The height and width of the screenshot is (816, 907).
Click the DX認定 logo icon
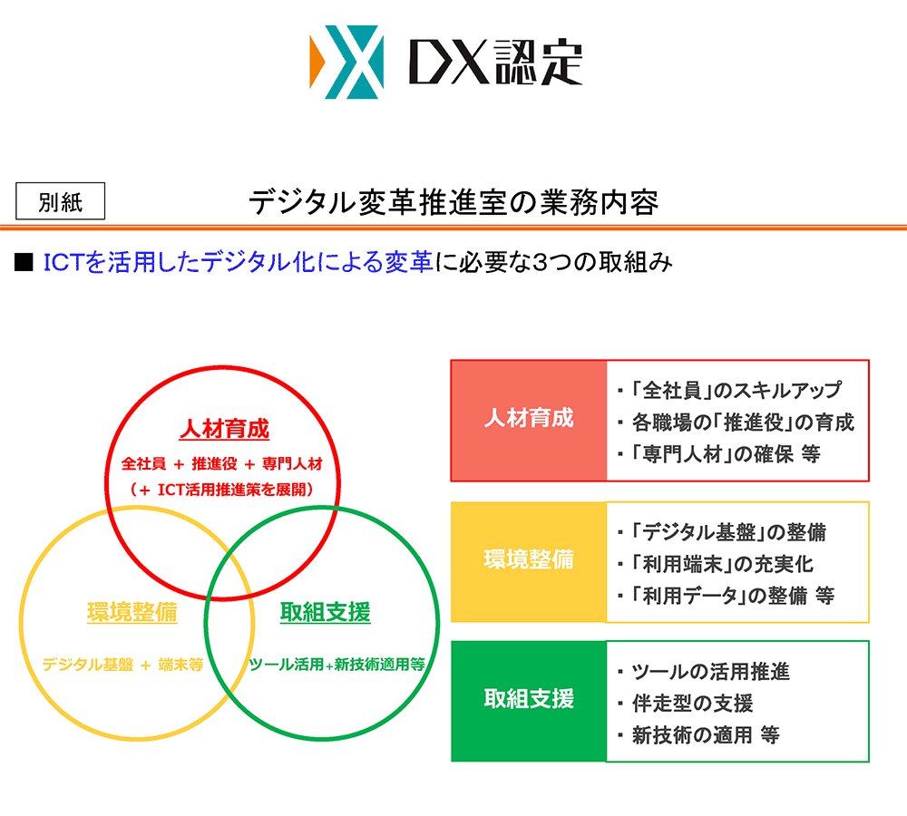point(346,63)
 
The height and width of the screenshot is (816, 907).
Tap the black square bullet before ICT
point(24,263)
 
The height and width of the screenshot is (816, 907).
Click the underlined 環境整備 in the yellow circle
point(132,612)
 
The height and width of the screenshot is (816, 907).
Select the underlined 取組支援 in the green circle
point(325,612)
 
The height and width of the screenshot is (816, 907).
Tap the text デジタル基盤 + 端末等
point(122,665)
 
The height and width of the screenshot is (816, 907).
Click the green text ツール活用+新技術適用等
point(336,665)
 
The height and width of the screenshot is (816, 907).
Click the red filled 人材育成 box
point(529,420)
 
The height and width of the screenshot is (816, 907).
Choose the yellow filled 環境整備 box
point(529,561)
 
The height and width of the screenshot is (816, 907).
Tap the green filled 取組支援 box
point(529,700)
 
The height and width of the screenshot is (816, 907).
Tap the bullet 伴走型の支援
point(692,703)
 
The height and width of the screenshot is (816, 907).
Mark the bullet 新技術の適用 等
point(706,734)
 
